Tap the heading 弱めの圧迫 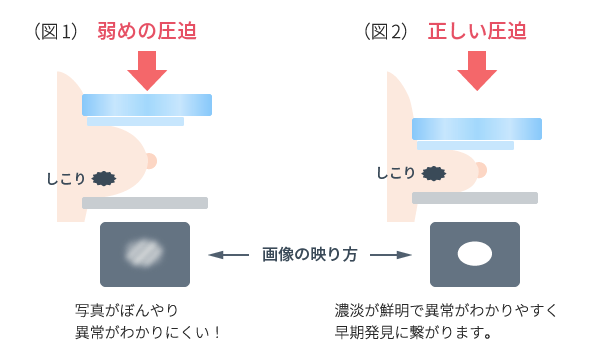[147, 32]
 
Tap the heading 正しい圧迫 [477, 32]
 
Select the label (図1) [56, 32]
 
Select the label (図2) [386, 32]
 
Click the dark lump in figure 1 [103, 179]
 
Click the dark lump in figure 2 [433, 173]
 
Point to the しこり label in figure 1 [66, 179]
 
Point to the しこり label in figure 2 [396, 173]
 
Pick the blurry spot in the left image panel [145, 253]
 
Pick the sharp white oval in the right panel [474, 253]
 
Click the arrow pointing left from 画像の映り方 [229, 254]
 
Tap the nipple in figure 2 [481, 168]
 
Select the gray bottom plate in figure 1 [145, 203]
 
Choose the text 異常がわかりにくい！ [147, 331]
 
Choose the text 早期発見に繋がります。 [414, 331]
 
